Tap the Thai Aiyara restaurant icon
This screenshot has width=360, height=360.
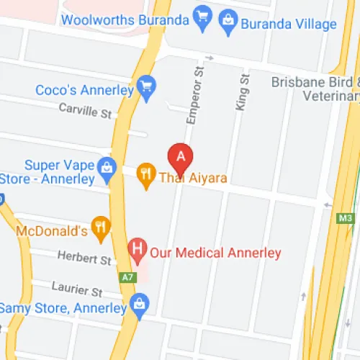click(147, 174)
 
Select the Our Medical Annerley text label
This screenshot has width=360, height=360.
click(215, 253)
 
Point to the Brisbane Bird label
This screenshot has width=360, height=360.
click(315, 82)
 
